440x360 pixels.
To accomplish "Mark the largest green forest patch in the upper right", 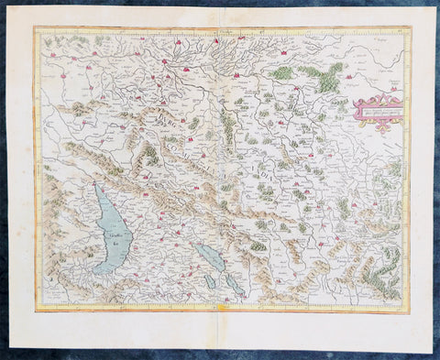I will (325, 75).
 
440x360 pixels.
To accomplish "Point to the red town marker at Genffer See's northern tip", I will (95, 186).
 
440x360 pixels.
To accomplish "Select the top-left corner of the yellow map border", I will (36, 28).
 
